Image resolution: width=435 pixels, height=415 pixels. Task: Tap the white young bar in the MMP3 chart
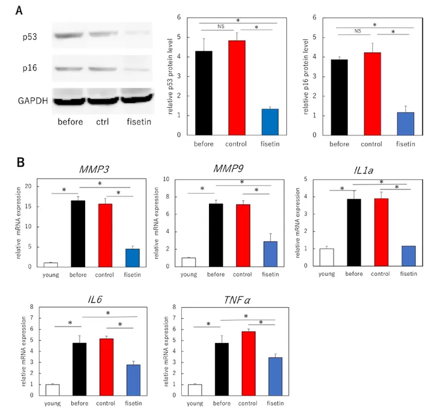50,264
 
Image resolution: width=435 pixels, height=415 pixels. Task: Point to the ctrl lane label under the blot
106,122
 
